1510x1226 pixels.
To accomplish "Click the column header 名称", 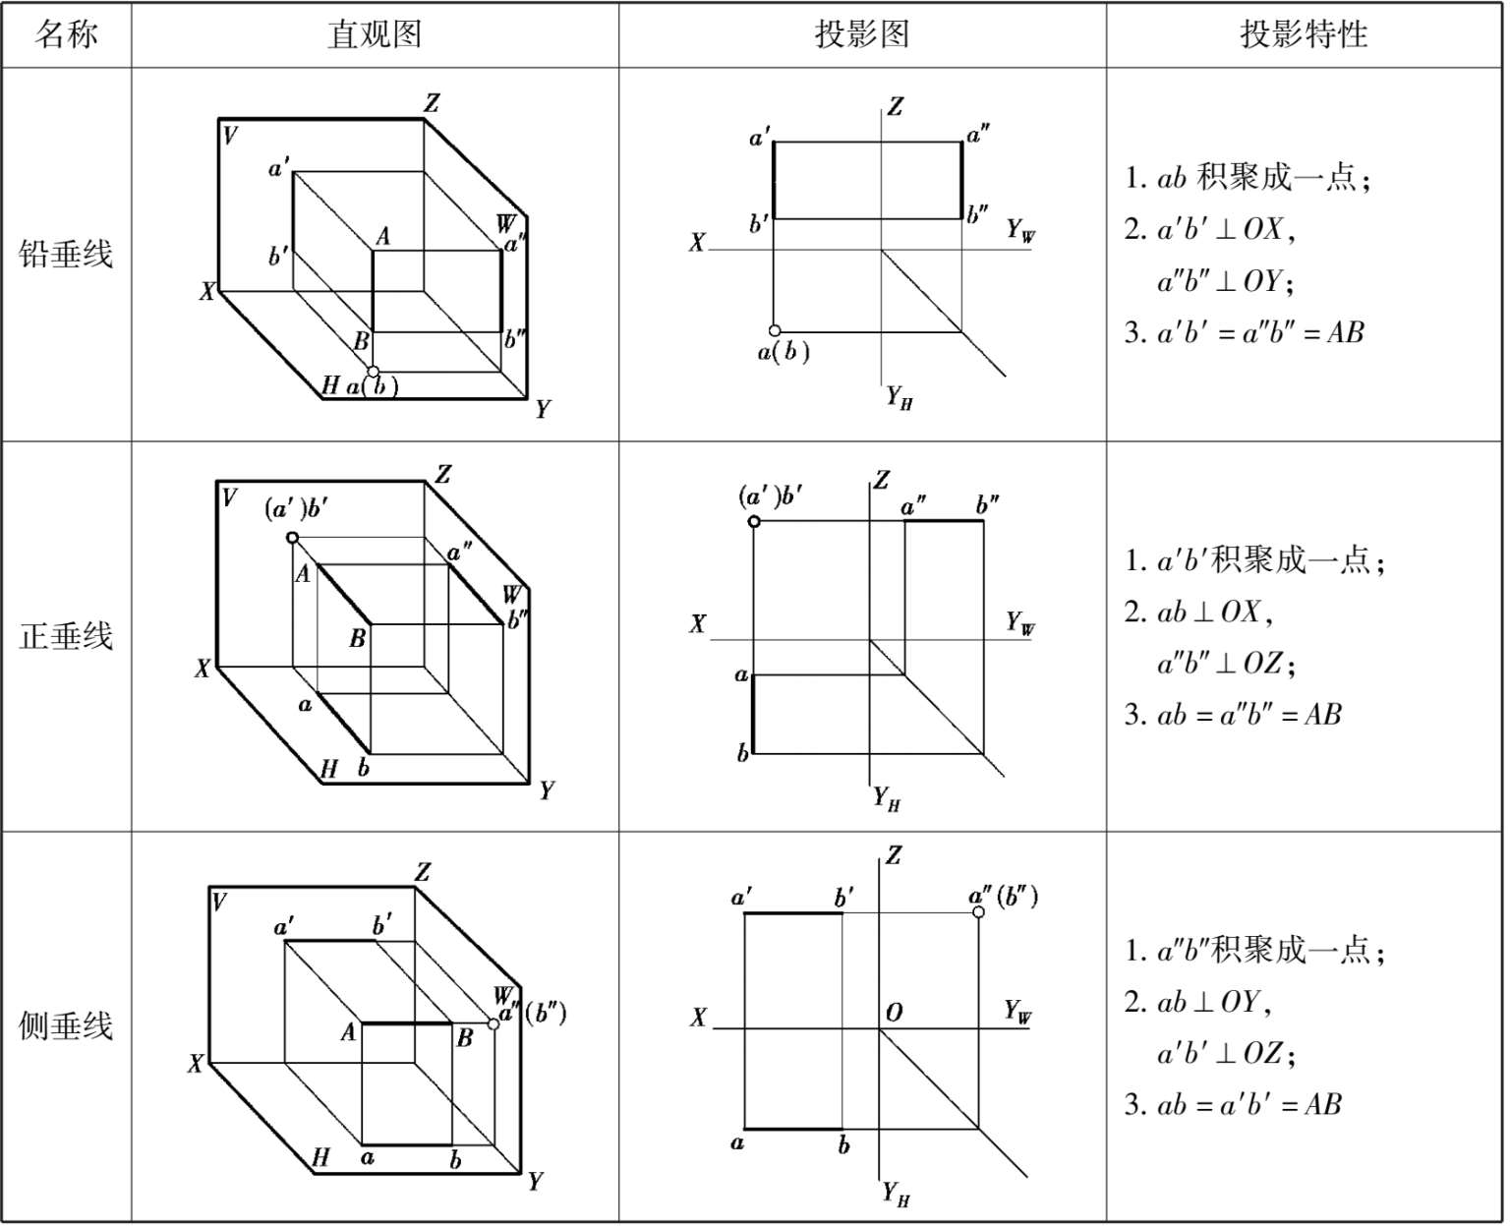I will [x=66, y=35].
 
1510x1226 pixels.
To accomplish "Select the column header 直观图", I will [x=375, y=35].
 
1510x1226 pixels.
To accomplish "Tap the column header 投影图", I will [x=861, y=35].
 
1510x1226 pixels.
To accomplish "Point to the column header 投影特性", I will [x=1304, y=35].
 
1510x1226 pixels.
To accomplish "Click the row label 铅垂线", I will [x=66, y=254].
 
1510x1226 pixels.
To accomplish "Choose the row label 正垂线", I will [x=66, y=636].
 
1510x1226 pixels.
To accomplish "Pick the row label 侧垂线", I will [x=66, y=1025].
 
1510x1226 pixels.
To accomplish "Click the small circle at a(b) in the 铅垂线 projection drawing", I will [x=775, y=331].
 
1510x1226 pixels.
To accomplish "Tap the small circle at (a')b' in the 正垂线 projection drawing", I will [x=754, y=521].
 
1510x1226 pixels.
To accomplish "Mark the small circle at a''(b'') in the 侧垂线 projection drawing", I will [x=978, y=912].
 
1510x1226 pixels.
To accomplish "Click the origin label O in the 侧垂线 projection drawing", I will [x=894, y=1013].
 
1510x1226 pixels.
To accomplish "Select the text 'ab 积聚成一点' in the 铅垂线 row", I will [x=1249, y=178].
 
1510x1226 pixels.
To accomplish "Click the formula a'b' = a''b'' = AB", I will [x=1245, y=332].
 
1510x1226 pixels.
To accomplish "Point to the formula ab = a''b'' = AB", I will [x=1234, y=715].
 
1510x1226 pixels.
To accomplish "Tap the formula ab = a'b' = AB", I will [x=1234, y=1104].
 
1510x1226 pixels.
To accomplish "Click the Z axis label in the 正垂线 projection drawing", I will [x=882, y=480].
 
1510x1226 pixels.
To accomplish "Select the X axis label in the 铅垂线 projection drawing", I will [x=696, y=242].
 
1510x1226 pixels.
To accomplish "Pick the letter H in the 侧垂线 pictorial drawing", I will [x=320, y=1158].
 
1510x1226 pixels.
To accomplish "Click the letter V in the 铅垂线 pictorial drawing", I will [x=230, y=135].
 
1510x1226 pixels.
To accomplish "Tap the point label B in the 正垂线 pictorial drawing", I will [x=358, y=639].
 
